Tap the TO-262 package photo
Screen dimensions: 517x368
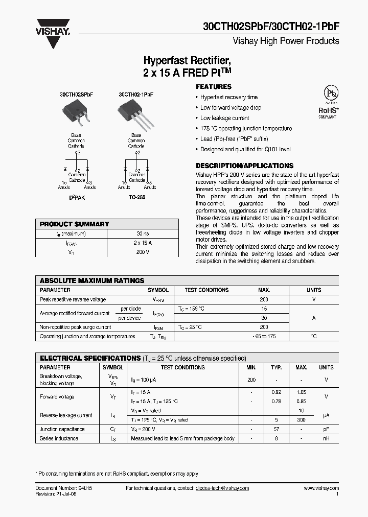[135, 113]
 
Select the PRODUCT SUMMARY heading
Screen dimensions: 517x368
[74, 224]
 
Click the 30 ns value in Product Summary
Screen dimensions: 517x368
[142, 233]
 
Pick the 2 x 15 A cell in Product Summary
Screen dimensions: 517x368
[142, 243]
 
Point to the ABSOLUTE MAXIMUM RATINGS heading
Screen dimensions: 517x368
[92, 280]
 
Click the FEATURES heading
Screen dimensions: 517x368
[214, 87]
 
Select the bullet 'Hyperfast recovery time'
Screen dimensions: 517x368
[228, 97]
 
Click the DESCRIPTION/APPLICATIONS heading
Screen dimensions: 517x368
[244, 166]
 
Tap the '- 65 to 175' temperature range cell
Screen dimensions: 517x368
[264, 337]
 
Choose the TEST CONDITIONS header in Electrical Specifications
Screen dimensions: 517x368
[182, 367]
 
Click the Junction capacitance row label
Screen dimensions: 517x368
[62, 429]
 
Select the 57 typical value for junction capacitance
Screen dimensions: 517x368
[276, 429]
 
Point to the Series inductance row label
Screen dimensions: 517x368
[59, 438]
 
